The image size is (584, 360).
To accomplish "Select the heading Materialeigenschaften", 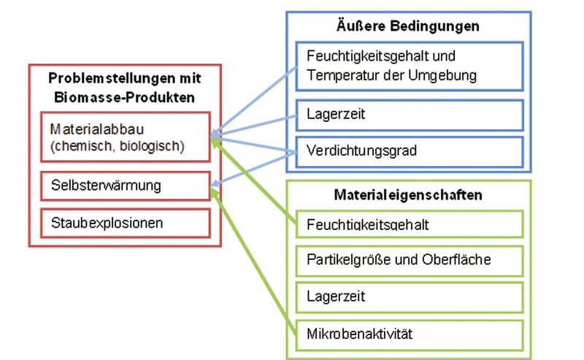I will tap(408, 196).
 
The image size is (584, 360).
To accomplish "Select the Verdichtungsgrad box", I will tap(410, 151).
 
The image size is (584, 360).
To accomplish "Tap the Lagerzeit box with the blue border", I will tap(410, 115).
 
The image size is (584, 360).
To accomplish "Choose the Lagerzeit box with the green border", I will tap(410, 297).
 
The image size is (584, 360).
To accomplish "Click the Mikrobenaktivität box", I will tap(410, 334).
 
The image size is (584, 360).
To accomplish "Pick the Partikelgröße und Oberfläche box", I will tap(410, 259).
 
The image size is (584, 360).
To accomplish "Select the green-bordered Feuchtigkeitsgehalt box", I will tap(410, 224).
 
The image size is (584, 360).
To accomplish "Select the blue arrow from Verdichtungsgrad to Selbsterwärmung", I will tap(255, 169).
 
